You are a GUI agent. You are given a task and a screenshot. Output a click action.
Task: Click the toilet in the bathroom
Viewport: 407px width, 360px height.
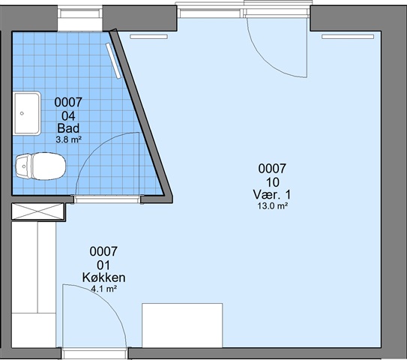40,166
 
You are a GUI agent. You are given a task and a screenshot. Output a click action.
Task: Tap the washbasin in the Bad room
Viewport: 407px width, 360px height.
27,113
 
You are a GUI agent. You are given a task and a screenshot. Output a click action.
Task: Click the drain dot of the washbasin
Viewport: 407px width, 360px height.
22,113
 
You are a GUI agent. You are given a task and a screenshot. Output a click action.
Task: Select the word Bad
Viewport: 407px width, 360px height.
68,128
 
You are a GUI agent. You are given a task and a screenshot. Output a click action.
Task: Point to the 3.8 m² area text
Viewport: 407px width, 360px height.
69,139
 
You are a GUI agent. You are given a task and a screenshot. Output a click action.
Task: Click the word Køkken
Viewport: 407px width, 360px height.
104,277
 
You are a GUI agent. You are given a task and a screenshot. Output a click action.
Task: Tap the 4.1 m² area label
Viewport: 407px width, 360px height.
104,289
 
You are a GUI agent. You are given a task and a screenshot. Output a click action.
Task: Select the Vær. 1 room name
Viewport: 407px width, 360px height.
272,194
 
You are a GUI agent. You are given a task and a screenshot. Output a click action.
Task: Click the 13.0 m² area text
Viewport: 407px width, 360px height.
272,206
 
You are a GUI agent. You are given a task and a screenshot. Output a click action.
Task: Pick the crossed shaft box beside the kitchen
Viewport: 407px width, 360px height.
38,211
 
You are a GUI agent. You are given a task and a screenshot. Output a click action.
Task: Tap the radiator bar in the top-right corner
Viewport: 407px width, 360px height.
348,37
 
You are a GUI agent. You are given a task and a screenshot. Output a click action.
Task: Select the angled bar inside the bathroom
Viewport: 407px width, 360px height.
113,61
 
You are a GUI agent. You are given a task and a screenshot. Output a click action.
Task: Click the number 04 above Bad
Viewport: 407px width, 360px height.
68,115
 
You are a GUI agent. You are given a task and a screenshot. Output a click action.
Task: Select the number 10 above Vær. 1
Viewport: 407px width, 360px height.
273,182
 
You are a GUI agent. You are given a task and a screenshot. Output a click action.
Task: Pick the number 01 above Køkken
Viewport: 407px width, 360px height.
103,265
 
